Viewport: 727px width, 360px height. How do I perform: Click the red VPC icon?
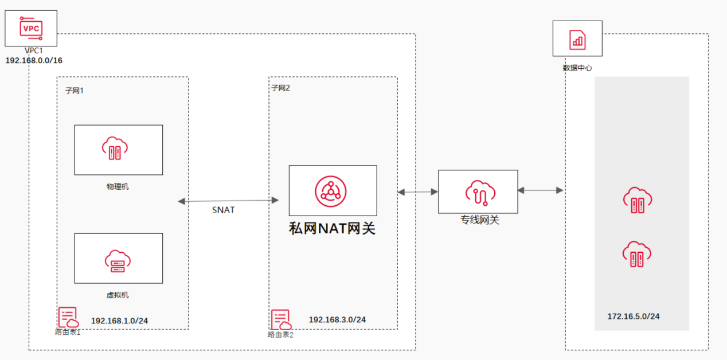pyautogui.click(x=31, y=27)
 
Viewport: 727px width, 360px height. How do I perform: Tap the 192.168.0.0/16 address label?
pyautogui.click(x=34, y=60)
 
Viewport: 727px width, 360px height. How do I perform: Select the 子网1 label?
pyautogui.click(x=75, y=91)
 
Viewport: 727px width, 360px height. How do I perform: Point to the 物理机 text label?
pyautogui.click(x=118, y=186)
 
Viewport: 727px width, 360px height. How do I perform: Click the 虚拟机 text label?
pyautogui.click(x=118, y=295)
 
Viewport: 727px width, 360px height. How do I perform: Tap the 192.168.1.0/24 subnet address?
pyautogui.click(x=119, y=320)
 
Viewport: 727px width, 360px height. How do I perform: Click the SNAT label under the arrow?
pyautogui.click(x=223, y=210)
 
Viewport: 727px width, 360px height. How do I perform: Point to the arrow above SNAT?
pyautogui.click(x=228, y=201)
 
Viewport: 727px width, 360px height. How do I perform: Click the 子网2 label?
pyautogui.click(x=281, y=88)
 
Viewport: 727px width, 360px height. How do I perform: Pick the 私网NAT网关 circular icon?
pyautogui.click(x=331, y=190)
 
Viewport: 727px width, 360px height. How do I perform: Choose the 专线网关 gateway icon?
pyautogui.click(x=478, y=192)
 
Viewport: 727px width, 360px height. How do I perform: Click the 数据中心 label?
pyautogui.click(x=577, y=68)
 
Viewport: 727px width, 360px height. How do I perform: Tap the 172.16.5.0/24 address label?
pyautogui.click(x=634, y=316)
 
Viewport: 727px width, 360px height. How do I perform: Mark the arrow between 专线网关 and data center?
pyautogui.click(x=540, y=190)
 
